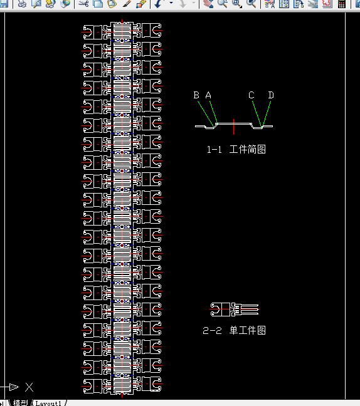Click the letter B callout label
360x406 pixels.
pyautogui.click(x=196, y=95)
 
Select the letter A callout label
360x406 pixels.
pyautogui.click(x=209, y=95)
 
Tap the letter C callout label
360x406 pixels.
pyautogui.click(x=251, y=95)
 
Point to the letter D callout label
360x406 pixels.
pyautogui.click(x=271, y=95)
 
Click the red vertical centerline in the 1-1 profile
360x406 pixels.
pyautogui.click(x=234, y=126)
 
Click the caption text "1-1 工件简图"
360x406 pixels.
pyautogui.click(x=236, y=150)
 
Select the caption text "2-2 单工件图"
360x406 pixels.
pyautogui.click(x=234, y=330)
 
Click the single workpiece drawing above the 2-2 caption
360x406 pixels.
pyautogui.click(x=234, y=310)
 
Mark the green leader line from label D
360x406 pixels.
pyautogui.click(x=267, y=113)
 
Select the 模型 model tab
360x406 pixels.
pyautogui.click(x=20, y=403)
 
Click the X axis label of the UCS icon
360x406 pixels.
pyautogui.click(x=29, y=387)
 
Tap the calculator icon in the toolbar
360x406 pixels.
pyautogui.click(x=342, y=4)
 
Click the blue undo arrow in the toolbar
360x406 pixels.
pyautogui.click(x=157, y=4)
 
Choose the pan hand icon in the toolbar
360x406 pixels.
pyautogui.click(x=208, y=4)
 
